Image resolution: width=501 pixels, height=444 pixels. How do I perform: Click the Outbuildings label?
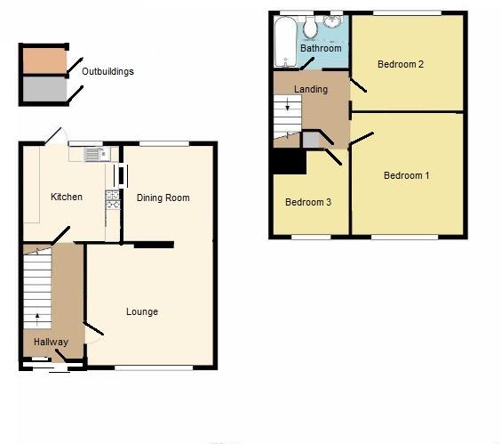(x=107, y=71)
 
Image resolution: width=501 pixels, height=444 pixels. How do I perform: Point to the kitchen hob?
(x=112, y=200)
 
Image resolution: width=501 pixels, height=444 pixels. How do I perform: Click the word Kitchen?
(x=67, y=197)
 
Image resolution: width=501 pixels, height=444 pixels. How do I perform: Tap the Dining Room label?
(x=163, y=198)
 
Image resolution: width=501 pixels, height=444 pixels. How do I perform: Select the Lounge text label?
(x=142, y=311)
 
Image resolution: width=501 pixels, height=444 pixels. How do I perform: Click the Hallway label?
(x=51, y=342)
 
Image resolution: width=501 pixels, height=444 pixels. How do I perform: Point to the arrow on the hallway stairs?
(x=36, y=314)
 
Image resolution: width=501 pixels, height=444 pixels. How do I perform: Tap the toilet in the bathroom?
(x=310, y=28)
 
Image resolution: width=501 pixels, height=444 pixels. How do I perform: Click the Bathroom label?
(x=320, y=48)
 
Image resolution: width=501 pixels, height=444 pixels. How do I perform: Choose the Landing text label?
(x=311, y=89)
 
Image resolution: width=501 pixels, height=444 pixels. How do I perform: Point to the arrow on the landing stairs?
(x=287, y=109)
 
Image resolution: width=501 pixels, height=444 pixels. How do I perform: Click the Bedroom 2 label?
(x=400, y=64)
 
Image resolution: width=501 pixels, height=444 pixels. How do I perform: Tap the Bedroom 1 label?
(x=407, y=175)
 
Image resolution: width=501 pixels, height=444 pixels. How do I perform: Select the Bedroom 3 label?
(x=308, y=202)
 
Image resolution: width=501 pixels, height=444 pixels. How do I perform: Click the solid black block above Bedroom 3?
(x=289, y=163)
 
